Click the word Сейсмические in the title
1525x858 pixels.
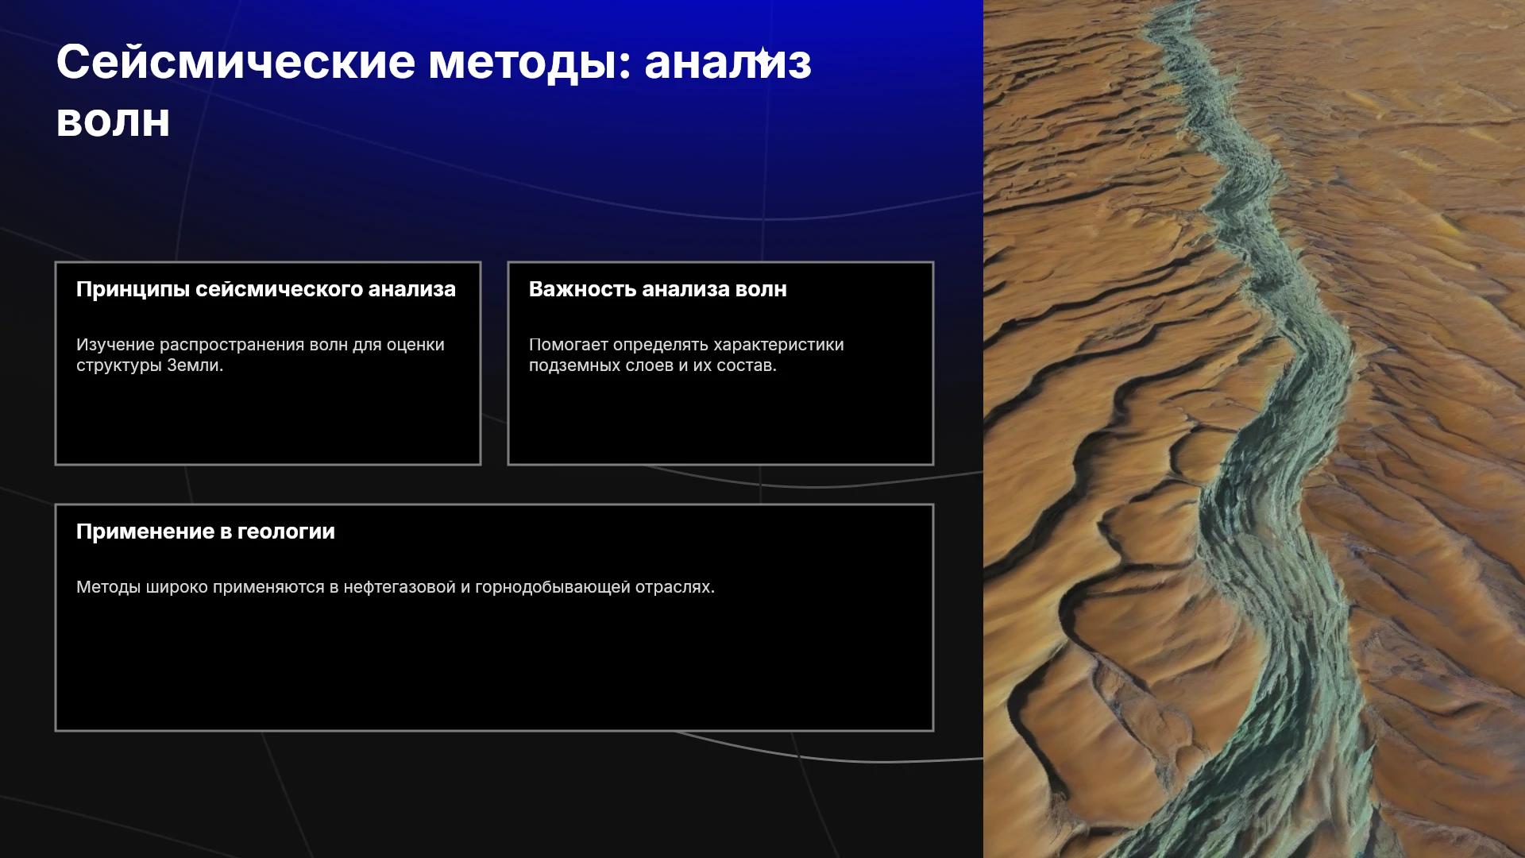pos(236,62)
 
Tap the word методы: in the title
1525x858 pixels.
pos(530,64)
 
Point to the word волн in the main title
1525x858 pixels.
pos(113,122)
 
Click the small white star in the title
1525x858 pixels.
pos(762,58)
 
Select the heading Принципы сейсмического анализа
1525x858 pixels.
pos(266,289)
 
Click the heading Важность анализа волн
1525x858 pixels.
pos(658,289)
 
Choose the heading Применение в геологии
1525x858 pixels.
pos(206,531)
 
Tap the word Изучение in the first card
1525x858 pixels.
pos(115,345)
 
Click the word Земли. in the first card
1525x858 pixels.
pos(195,365)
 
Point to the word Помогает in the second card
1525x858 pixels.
pos(569,345)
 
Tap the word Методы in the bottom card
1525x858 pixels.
pos(109,587)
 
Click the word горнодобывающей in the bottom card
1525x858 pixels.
pos(553,587)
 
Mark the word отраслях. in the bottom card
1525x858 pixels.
pos(675,587)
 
